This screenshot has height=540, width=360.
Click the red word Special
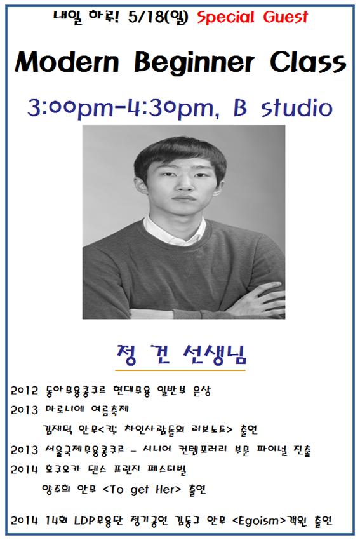click(x=225, y=17)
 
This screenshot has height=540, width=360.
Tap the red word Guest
click(x=285, y=17)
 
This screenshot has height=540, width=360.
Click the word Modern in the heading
click(x=67, y=62)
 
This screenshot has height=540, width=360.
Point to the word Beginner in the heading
click(x=194, y=63)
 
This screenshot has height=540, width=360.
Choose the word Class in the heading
click(x=307, y=62)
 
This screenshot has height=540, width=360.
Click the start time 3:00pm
click(x=70, y=109)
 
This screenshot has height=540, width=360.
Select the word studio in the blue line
click(x=297, y=108)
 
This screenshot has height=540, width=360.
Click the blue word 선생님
click(x=215, y=354)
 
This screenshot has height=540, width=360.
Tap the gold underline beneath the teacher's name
click(x=180, y=370)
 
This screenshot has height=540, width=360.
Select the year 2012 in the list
click(x=24, y=391)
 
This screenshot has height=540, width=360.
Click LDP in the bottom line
click(x=84, y=520)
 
